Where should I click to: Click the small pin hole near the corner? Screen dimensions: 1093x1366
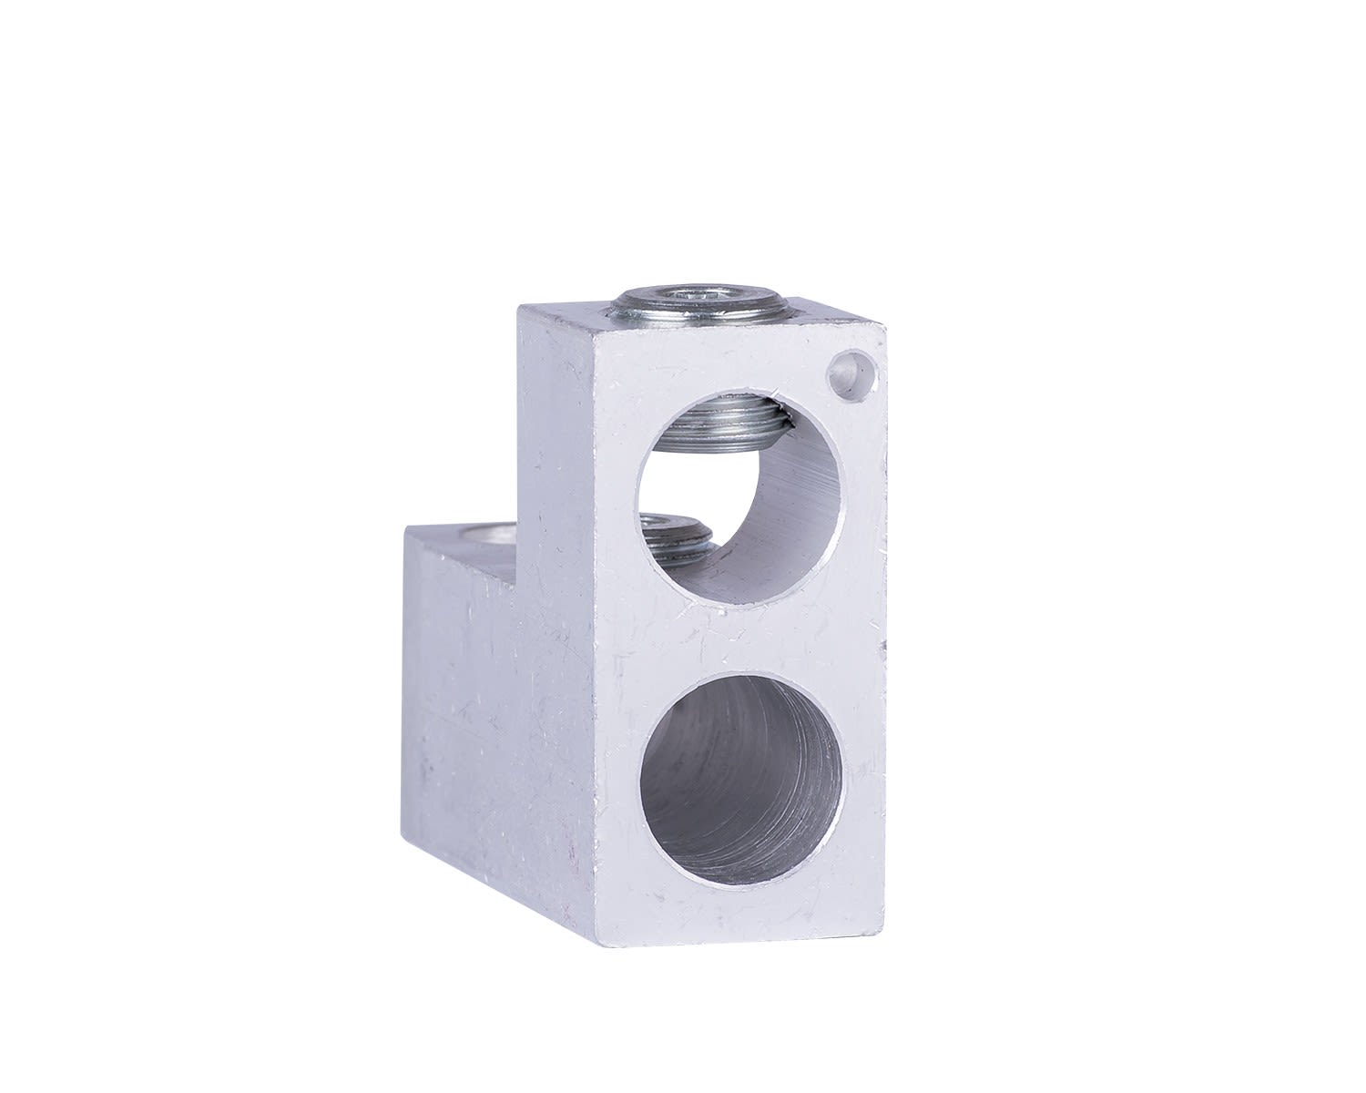(x=848, y=369)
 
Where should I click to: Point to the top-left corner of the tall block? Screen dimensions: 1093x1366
(x=519, y=306)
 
